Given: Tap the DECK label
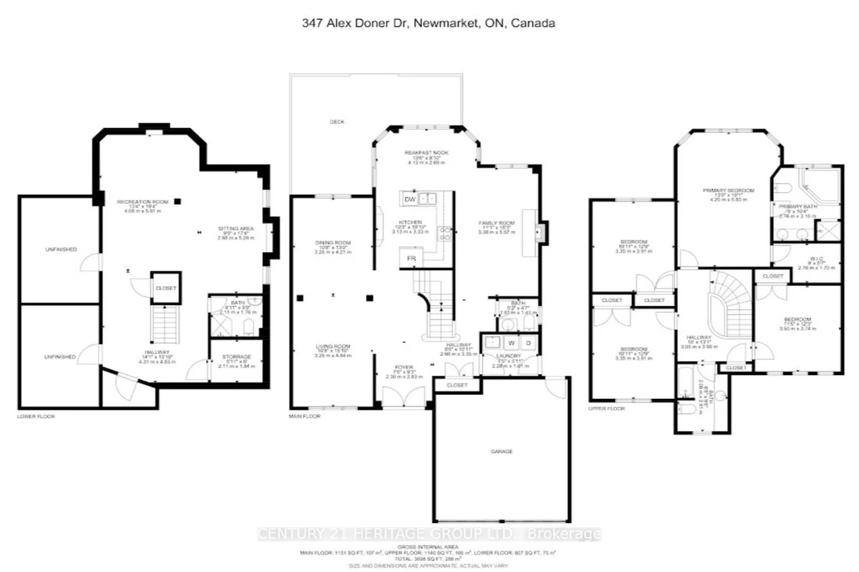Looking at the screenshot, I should [x=337, y=122].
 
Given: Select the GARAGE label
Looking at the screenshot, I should [x=501, y=452].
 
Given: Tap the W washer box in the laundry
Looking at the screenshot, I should [x=512, y=343].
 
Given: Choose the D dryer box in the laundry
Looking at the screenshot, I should [x=529, y=343].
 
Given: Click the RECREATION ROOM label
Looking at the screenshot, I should [x=143, y=201].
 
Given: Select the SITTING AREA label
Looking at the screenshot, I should [x=236, y=229].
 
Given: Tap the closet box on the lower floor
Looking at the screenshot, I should [x=165, y=289].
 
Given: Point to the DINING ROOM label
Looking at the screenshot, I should [x=333, y=244].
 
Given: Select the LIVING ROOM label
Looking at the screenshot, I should [x=333, y=346].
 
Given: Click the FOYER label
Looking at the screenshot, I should [x=404, y=367].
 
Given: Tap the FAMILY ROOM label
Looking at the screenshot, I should [x=496, y=223].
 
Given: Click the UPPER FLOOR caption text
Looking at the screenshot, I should [x=607, y=409].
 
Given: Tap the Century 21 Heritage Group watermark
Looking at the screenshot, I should [x=429, y=534].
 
